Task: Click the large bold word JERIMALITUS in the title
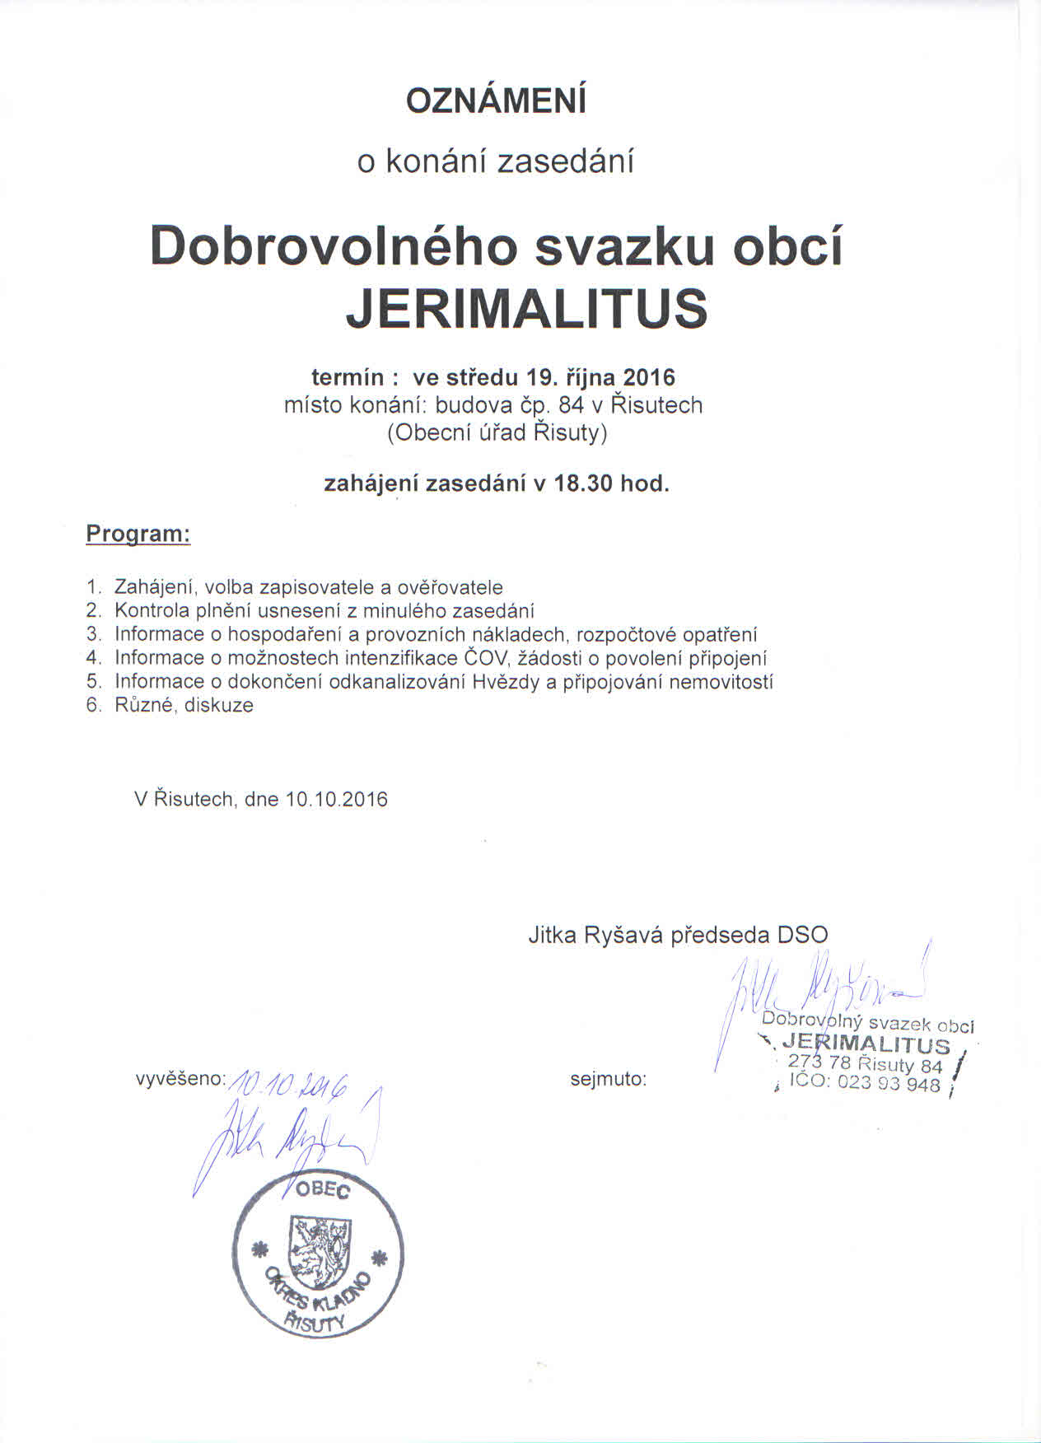tap(526, 308)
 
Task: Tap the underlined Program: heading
tap(138, 534)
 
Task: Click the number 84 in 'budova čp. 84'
tap(571, 405)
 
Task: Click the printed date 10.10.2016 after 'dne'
tap(336, 800)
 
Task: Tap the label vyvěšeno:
tap(180, 1079)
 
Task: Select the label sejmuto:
tap(609, 1079)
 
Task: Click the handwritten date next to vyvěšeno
tap(290, 1086)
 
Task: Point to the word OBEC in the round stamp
tap(328, 1190)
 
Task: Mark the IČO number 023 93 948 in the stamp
tap(889, 1084)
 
